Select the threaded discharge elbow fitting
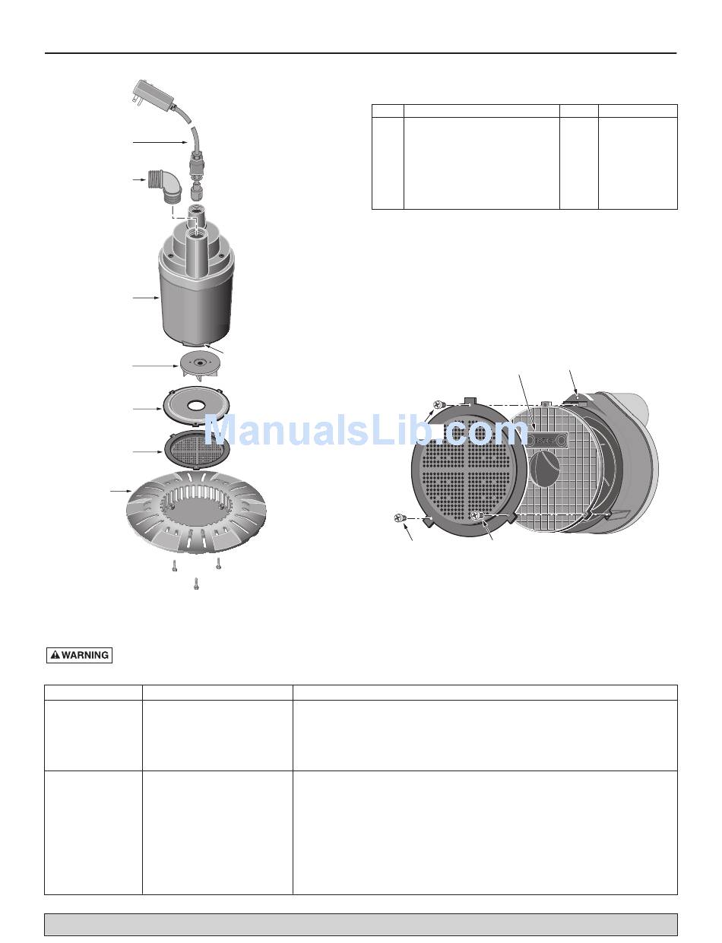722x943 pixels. coord(163,185)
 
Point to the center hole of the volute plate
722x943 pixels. coord(197,406)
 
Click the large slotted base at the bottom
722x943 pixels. coord(195,512)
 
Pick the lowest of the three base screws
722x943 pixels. coord(197,584)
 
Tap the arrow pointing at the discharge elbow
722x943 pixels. coord(140,179)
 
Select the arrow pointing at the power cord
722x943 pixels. coord(160,141)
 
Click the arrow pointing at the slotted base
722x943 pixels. coord(121,491)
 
